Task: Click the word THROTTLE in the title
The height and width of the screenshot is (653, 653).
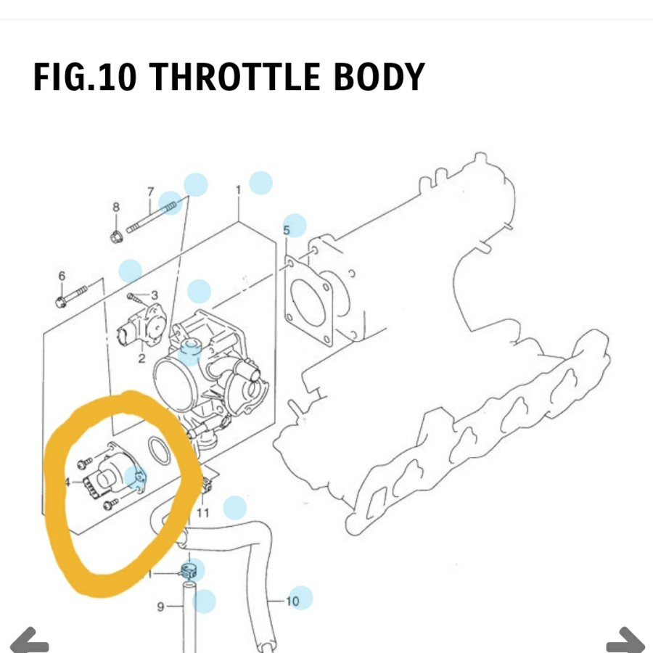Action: [x=235, y=77]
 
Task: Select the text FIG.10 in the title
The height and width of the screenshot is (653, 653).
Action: [x=84, y=77]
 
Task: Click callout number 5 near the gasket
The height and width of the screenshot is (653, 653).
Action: [x=286, y=231]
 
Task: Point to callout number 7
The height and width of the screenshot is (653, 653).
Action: [x=150, y=192]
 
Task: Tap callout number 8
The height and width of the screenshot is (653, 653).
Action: [x=116, y=208]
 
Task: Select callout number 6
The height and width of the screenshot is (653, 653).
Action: [x=62, y=276]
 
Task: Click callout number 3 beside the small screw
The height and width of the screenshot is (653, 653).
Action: [x=154, y=295]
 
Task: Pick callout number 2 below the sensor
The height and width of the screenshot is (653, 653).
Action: [x=141, y=358]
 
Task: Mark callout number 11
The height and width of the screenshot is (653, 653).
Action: [x=203, y=513]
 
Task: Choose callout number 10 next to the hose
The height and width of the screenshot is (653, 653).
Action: [x=292, y=601]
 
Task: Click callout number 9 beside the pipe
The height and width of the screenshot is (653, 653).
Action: [x=161, y=607]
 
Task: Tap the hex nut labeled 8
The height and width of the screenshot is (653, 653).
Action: [x=115, y=236]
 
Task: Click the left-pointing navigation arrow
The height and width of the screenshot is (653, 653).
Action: [x=29, y=642]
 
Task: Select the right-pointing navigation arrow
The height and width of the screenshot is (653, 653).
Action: [x=625, y=642]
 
